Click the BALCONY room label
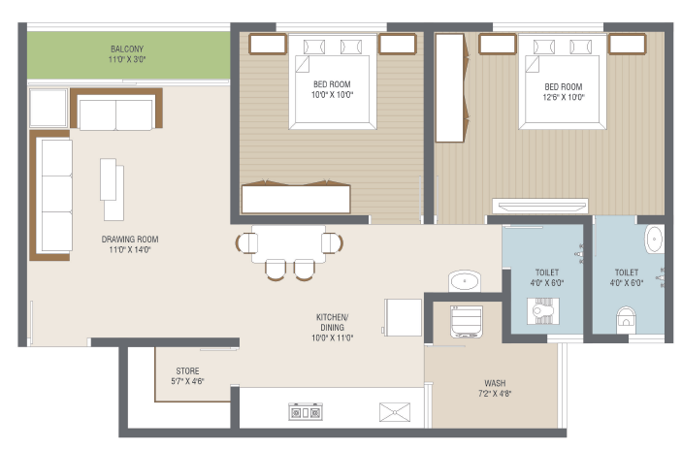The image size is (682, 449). pos(127,49)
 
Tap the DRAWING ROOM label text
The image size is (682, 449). pos(130,240)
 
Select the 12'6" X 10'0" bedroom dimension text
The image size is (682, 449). pos(564,97)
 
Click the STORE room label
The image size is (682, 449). pos(187,371)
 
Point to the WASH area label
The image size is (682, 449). pos(495,383)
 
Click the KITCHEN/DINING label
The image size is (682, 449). pos(333,323)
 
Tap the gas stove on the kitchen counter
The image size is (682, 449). pos(306,412)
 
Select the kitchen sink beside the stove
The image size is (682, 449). pos(395,412)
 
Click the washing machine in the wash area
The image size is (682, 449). pos(467,322)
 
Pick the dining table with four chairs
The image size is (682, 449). pos(288,252)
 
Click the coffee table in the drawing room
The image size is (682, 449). pos(112,189)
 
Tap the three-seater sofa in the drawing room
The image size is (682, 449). pos(51,195)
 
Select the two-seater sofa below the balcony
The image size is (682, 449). pos(116,109)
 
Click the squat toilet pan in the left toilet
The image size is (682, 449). pos(543,310)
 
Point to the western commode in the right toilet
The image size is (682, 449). pos(626,320)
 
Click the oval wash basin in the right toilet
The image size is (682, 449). pos(654,239)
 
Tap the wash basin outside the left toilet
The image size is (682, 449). pos(465,281)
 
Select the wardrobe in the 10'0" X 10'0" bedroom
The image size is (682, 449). pos(296,197)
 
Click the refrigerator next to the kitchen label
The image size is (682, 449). pos(403,317)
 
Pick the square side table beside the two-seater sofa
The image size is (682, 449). pos(49,108)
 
